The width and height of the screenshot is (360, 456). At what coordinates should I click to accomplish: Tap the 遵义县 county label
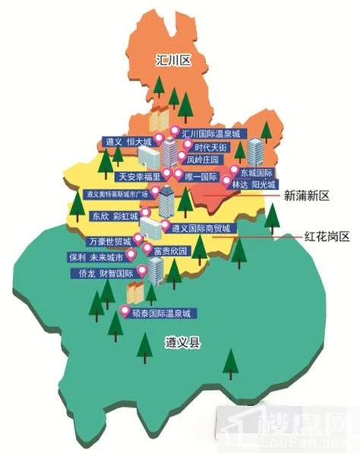[182, 344]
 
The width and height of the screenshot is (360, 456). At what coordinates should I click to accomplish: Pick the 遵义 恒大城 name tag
[128, 141]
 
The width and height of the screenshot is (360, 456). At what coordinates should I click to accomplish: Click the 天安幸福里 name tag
[139, 176]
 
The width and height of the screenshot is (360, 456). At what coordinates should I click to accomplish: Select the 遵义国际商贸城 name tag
[200, 228]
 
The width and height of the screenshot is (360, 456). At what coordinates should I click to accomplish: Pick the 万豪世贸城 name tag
[109, 242]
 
